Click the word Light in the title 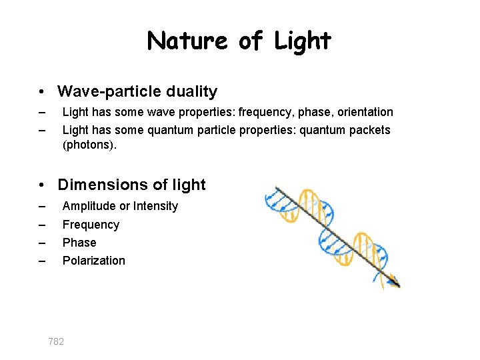pos(303,41)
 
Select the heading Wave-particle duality pos(137,91)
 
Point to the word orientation pos(365,112)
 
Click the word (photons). pos(89,144)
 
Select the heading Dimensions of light pos(132,185)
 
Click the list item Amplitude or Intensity pos(120,206)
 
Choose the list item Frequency pos(91,225)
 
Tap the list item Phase pos(79,243)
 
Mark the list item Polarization pos(93,261)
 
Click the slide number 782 pos(56,341)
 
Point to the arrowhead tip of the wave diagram pos(399,286)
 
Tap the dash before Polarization pos(42,261)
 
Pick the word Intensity pos(155,206)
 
